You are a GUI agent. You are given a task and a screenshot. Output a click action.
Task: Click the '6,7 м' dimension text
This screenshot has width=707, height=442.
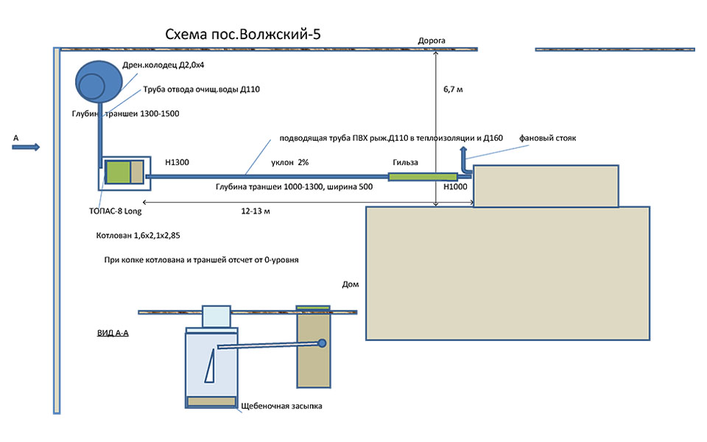(x=453, y=88)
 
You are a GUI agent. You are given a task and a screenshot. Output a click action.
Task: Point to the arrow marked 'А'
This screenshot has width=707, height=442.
(x=26, y=147)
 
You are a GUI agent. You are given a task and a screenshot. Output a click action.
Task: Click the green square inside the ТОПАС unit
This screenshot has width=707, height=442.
(x=117, y=172)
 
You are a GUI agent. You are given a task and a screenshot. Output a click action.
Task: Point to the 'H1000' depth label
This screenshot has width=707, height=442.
(x=455, y=187)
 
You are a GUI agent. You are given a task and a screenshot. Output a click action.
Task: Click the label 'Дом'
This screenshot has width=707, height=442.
(x=351, y=284)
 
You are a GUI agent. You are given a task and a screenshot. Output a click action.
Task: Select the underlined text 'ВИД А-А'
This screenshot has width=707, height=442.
(x=113, y=333)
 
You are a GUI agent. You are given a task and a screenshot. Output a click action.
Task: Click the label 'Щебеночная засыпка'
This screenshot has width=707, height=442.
(x=282, y=406)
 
